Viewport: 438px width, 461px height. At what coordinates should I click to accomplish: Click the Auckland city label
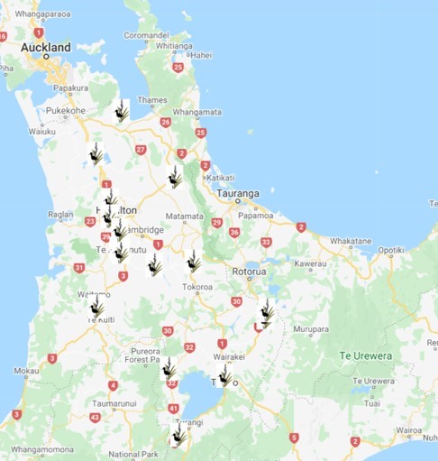pos(45,47)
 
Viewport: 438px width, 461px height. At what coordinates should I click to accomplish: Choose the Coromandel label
pos(146,36)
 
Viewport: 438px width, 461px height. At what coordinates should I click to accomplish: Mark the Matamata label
pos(184,217)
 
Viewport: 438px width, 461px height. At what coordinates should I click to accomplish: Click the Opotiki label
pos(391,249)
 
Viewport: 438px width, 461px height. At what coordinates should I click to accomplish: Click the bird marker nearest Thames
pos(122,111)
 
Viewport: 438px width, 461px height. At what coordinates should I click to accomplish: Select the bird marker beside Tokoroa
pos(192,262)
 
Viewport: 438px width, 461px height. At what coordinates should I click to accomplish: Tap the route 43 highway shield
pos(96,417)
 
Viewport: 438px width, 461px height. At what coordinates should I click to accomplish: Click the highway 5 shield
pos(294,438)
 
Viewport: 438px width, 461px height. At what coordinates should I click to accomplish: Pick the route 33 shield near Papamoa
pos(266,242)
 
